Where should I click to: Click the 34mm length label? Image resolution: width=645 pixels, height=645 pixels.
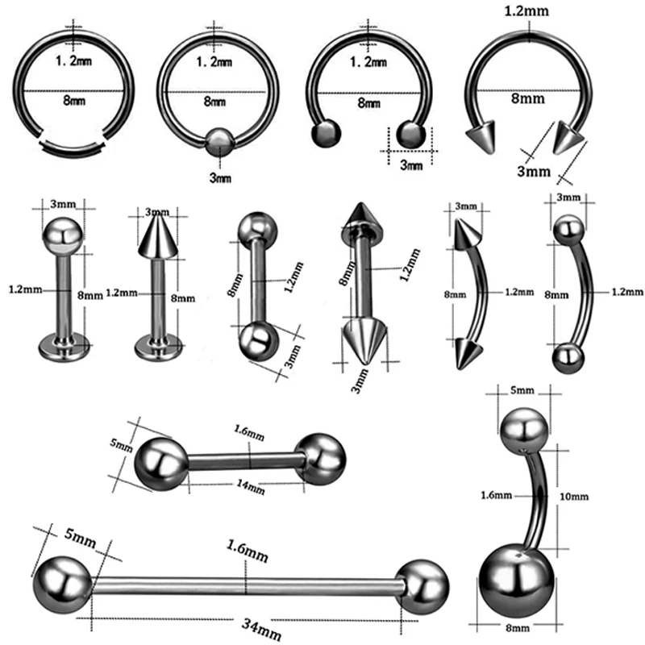tap(260, 629)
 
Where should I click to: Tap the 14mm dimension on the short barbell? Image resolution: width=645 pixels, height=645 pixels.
tap(251, 487)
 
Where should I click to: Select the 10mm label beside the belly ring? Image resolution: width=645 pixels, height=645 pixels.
tap(574, 497)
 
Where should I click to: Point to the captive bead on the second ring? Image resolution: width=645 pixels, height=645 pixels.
tap(219, 142)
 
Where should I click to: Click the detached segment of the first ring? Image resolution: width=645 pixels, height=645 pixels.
tap(73, 148)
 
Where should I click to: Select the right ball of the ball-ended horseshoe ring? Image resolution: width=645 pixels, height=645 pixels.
tap(411, 134)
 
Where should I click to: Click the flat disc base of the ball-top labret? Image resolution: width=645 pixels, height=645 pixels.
tap(64, 347)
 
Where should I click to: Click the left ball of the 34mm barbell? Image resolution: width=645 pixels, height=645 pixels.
tap(63, 585)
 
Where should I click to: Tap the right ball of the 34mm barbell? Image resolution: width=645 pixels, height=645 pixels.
tap(422, 588)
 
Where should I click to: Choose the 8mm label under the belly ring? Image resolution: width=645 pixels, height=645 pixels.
tap(518, 629)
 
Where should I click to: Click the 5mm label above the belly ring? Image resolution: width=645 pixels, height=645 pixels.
tap(522, 390)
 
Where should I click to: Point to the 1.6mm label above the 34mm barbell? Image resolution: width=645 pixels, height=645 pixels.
tap(248, 551)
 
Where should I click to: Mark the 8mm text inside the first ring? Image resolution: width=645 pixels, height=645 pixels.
tap(74, 100)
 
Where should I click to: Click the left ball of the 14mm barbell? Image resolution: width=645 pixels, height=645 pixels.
tap(160, 464)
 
